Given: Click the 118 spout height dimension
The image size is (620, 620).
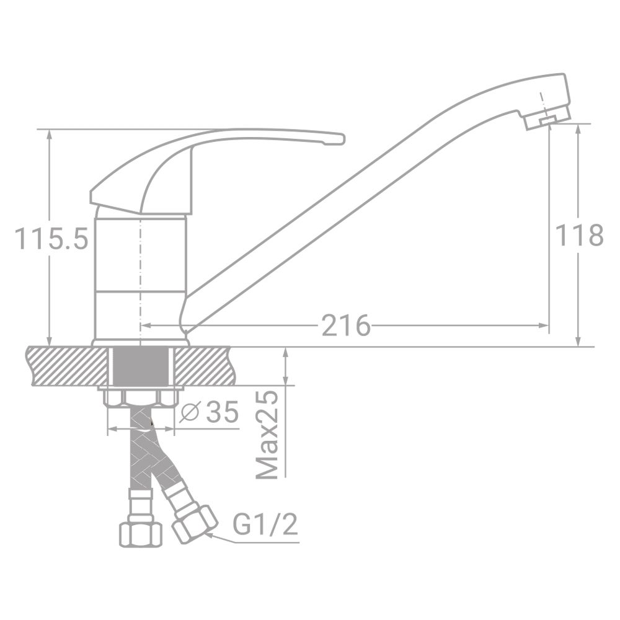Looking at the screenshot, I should (x=578, y=236).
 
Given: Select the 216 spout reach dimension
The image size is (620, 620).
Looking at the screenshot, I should (x=345, y=325).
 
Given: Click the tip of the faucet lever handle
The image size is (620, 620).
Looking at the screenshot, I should (x=338, y=139).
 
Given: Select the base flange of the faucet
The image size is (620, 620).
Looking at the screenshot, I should (x=141, y=342).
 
